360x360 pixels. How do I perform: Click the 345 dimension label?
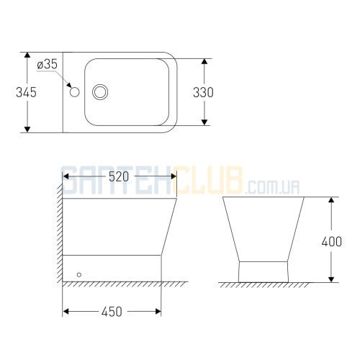point(26,92)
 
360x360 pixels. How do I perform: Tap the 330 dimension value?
point(203,92)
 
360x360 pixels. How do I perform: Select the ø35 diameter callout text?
point(48,64)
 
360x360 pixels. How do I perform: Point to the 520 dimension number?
point(119,177)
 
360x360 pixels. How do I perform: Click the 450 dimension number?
point(112,312)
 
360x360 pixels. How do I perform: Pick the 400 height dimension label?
point(332,242)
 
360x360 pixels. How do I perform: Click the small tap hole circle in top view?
point(75,92)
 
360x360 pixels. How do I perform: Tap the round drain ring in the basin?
point(100,92)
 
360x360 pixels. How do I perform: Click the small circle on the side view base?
point(79,274)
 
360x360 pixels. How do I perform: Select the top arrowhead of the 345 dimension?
point(27,55)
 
